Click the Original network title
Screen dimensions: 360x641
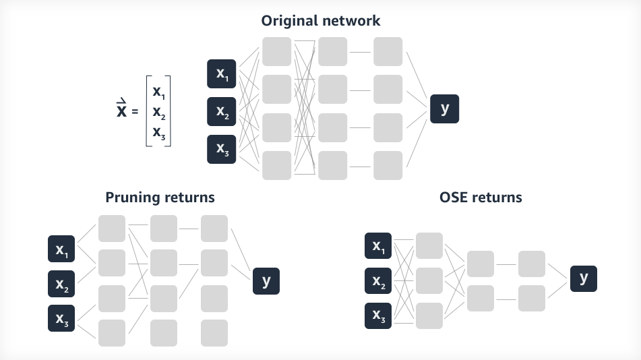coord(320,20)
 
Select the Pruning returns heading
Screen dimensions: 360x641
coord(160,198)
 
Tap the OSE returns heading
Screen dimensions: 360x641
coord(481,198)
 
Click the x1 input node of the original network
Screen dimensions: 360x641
coord(222,74)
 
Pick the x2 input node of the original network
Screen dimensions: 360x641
coord(222,112)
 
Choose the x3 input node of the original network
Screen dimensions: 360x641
coord(222,150)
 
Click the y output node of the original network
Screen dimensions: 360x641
coord(445,109)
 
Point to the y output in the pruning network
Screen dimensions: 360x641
coord(266,280)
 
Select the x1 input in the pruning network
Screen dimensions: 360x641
coord(61,249)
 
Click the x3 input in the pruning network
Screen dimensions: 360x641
coord(61,318)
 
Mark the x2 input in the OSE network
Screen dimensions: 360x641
coord(378,281)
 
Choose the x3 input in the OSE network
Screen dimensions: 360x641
coord(378,316)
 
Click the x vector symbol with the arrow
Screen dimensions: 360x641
coord(122,110)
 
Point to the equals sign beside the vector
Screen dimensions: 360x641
coord(135,111)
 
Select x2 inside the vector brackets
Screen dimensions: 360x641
coord(159,112)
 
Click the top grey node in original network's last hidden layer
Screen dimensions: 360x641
coord(388,51)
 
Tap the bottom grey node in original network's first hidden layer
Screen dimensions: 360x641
coord(277,165)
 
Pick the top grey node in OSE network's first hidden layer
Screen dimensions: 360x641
coord(429,246)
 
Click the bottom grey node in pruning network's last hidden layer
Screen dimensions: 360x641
coord(214,332)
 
